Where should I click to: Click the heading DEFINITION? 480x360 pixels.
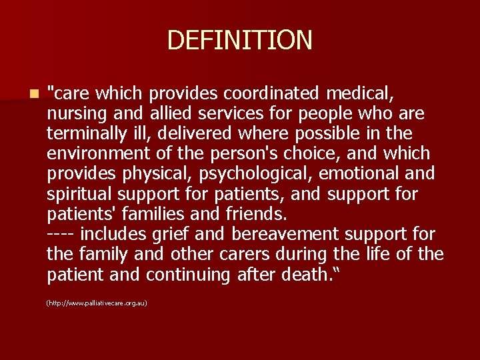(239, 40)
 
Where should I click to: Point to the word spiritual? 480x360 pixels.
(79, 194)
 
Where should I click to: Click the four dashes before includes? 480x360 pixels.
(63, 235)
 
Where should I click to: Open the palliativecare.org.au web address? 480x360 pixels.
(97, 303)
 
